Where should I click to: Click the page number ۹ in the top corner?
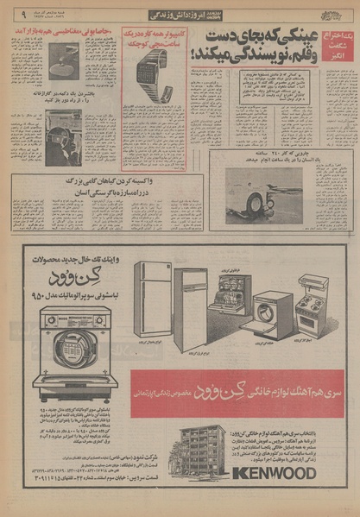(11, 13)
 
